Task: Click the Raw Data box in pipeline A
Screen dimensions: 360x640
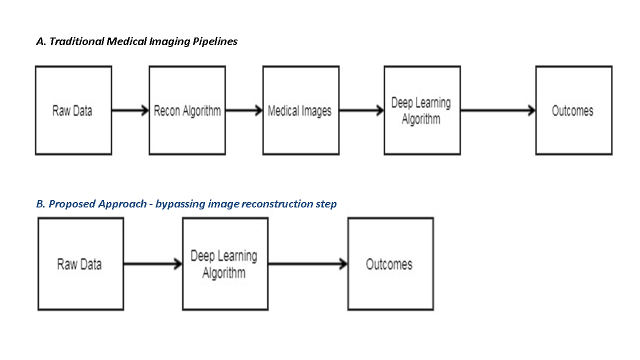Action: click(73, 110)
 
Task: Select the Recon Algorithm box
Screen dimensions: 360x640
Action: click(187, 110)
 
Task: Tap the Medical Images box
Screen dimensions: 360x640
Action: click(300, 110)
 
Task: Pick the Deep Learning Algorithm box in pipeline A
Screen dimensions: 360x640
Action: click(421, 110)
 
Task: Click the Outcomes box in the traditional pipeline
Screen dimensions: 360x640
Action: click(573, 110)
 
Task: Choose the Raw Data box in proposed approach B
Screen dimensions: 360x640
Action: click(80, 264)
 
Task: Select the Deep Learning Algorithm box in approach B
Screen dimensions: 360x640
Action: click(224, 264)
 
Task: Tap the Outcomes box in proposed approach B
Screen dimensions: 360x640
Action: click(390, 264)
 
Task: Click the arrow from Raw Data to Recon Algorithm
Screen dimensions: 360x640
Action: click(130, 110)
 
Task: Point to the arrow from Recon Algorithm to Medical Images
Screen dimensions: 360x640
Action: click(244, 110)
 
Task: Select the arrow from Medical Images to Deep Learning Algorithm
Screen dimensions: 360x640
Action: click(361, 110)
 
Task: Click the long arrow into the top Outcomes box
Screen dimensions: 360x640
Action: click(497, 110)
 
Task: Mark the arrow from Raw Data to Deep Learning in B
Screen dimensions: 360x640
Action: click(152, 264)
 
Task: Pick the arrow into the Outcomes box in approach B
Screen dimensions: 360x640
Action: click(307, 264)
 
